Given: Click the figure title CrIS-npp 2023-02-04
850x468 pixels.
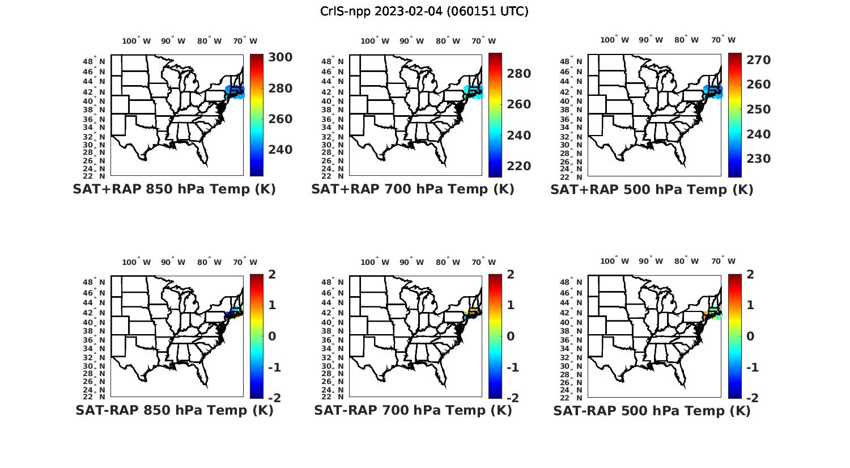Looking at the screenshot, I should tap(424, 11).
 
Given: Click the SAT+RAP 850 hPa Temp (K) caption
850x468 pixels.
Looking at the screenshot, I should tap(174, 189).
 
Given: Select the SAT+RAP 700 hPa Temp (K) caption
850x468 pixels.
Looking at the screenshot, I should tap(413, 189).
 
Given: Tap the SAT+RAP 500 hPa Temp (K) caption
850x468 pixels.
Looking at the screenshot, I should tap(652, 189).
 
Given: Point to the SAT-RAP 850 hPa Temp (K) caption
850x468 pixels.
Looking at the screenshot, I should tap(174, 410).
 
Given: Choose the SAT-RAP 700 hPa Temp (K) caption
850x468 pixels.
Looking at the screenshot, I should tap(413, 410).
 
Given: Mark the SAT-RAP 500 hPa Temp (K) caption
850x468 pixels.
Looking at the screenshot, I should tap(652, 410).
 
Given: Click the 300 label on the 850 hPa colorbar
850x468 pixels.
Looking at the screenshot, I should tap(280, 58).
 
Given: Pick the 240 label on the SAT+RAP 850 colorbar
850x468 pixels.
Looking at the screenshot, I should tap(280, 150).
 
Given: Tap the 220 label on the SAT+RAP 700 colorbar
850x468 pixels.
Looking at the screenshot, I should tap(518, 166).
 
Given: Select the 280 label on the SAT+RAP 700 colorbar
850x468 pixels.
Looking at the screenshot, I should tap(518, 74).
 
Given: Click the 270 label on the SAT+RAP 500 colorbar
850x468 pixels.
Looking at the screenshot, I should tap(758, 60).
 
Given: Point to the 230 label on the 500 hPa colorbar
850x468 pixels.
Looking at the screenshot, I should tap(758, 159).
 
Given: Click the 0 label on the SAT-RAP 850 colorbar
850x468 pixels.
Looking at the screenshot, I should tap(271, 336).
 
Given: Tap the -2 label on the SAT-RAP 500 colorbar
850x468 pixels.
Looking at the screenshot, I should tap(750, 398).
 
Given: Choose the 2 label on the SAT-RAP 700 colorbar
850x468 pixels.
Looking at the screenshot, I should tap(511, 275).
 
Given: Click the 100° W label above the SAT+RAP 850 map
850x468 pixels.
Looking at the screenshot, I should tap(137, 41).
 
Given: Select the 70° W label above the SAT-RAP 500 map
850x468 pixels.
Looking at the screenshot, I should tap(723, 262).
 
